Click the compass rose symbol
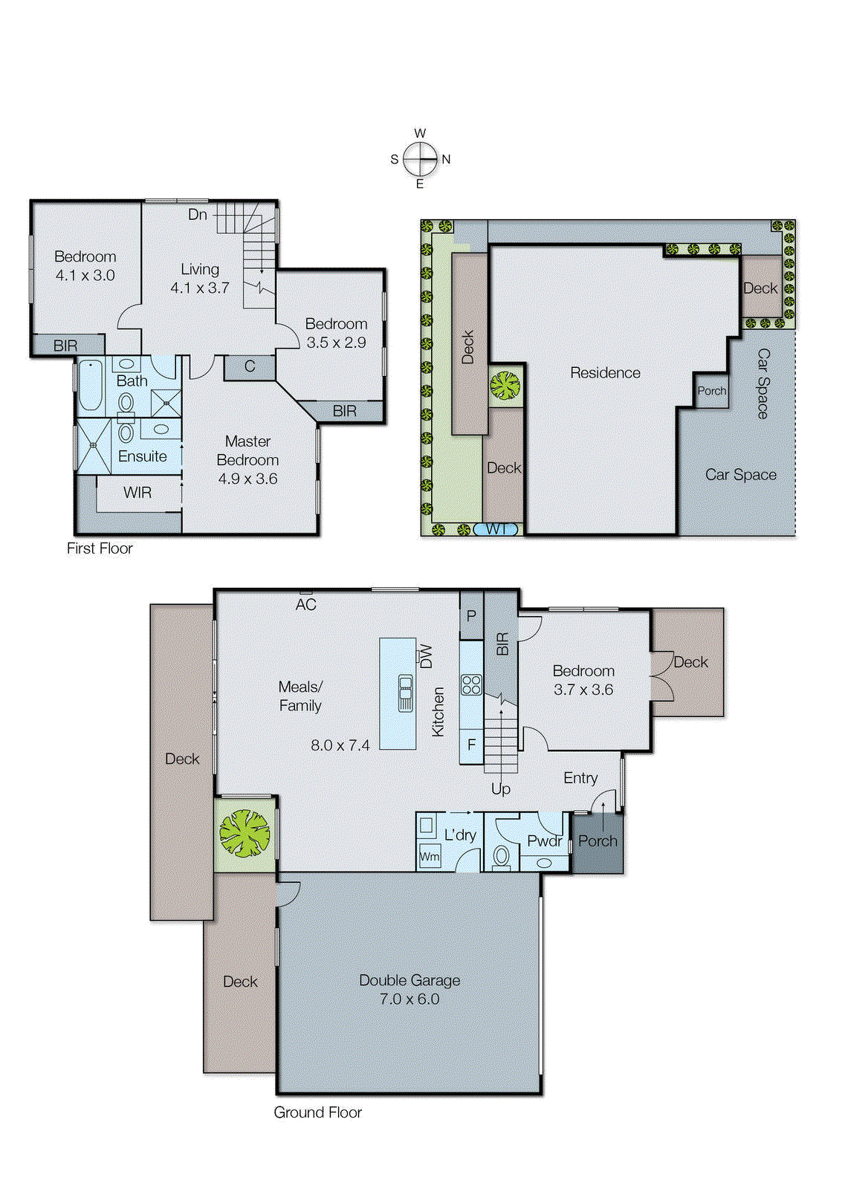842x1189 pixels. coord(421,159)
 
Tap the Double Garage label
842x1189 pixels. coord(409,980)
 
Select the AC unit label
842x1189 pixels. coord(305,605)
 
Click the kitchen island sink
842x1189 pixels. coord(405,693)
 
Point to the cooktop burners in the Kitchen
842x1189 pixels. coord(471,684)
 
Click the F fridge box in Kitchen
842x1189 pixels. coord(471,745)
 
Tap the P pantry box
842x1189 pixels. coord(471,616)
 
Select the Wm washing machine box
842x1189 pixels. coord(430,856)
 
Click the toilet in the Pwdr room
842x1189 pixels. coord(502,857)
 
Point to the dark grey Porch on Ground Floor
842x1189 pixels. coord(598,843)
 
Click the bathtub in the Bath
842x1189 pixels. coord(91,384)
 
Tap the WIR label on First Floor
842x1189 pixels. coord(137,493)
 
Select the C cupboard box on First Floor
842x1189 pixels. coord(250,366)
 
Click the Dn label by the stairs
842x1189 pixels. coord(198,215)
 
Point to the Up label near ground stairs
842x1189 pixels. coord(501,788)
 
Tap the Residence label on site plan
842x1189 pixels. coord(605,373)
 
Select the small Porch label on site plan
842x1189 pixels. coord(711,391)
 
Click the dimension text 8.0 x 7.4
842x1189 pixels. coord(340,745)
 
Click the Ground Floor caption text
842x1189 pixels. coord(317,1112)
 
